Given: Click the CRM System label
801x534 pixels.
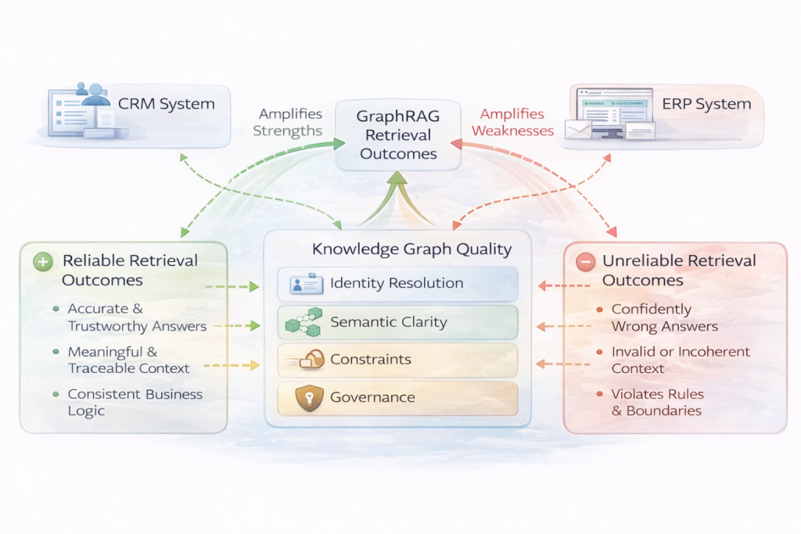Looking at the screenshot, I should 166,104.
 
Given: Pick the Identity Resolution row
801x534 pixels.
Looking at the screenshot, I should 397,284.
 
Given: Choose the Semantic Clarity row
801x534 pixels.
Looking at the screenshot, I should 397,322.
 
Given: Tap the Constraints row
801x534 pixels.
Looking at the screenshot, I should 397,360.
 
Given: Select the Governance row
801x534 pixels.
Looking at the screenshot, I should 397,398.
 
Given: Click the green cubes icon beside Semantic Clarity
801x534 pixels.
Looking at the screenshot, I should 304,322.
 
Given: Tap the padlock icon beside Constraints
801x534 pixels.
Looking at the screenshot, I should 311,360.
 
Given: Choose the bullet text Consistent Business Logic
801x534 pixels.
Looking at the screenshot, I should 135,403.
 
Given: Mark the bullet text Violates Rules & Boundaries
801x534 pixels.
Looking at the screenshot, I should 657,403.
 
